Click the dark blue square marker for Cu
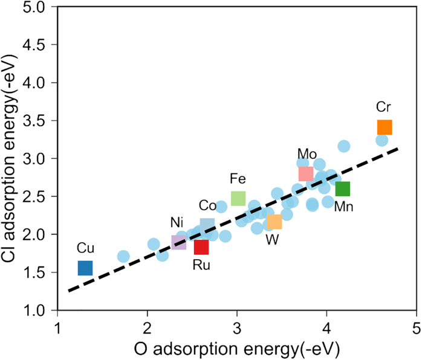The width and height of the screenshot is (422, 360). point(85,268)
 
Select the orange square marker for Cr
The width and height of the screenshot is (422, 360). point(385,127)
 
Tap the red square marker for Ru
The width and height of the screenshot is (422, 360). point(201,246)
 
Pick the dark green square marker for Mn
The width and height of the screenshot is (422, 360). point(343,189)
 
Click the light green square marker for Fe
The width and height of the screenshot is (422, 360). point(238,198)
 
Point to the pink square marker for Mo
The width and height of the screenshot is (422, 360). point(306,174)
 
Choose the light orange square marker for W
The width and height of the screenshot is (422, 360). point(274,222)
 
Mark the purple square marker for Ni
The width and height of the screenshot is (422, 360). point(179,242)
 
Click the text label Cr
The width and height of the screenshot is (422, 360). point(383,108)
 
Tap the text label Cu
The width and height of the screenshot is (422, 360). point(85,248)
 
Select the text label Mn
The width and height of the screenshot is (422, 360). point(343,207)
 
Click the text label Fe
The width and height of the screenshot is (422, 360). point(238,179)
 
